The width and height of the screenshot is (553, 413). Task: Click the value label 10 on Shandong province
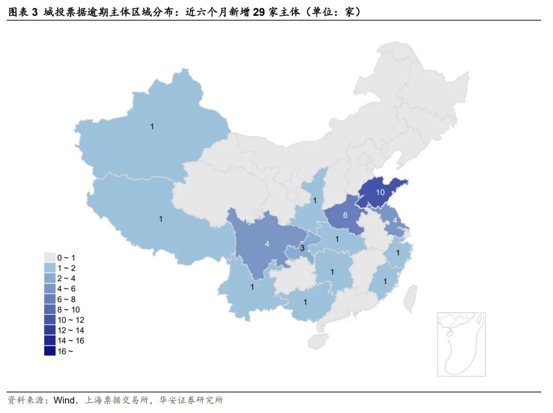380,192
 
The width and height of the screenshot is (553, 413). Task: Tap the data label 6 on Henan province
345,215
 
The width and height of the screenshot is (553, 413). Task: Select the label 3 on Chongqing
303,248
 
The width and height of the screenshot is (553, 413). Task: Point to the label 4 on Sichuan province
267,244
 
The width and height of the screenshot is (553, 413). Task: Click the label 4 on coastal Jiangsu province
395,221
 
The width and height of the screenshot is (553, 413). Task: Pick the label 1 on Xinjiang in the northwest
152,126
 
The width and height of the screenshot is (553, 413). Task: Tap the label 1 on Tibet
160,219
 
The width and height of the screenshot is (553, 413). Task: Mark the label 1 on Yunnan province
252,287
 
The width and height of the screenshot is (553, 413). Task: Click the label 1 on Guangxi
305,302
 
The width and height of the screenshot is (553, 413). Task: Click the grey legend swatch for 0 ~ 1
49,258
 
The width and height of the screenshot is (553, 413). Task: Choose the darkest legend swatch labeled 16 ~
49,351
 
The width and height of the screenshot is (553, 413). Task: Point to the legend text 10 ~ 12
71,320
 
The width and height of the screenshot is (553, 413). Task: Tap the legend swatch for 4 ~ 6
49,289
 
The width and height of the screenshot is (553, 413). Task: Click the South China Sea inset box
461,344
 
